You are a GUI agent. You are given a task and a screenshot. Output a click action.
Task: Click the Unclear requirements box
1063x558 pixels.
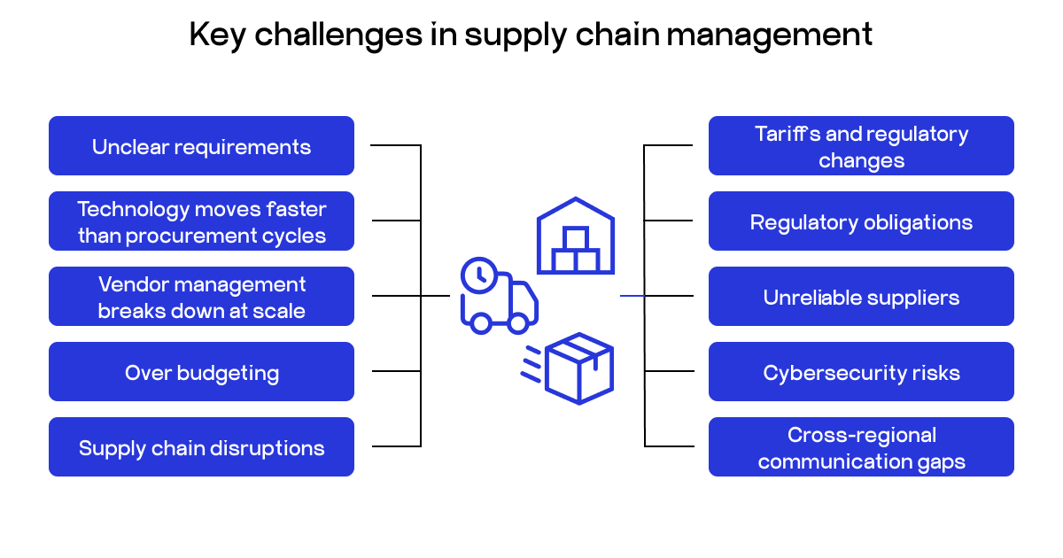[x=201, y=146]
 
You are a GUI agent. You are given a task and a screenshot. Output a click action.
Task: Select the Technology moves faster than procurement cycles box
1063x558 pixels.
[x=201, y=221]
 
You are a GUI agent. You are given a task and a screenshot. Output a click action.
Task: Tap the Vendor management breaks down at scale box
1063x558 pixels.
[x=201, y=297]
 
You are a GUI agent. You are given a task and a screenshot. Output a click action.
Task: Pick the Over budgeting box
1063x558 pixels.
[x=201, y=372]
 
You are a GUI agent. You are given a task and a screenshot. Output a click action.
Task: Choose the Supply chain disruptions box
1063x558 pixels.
[x=201, y=447]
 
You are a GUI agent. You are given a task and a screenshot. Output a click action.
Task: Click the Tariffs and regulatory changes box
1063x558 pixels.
[x=861, y=146]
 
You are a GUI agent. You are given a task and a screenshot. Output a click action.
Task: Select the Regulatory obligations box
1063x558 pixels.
[x=861, y=221]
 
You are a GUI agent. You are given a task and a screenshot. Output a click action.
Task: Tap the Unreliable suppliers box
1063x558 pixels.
[x=861, y=297]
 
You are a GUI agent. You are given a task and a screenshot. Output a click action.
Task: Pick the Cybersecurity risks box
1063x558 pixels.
[x=861, y=372]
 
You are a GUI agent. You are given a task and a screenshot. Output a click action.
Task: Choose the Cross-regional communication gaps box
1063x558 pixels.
[x=861, y=447]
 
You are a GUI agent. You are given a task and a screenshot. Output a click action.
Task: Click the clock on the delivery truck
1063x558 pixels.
[x=478, y=275]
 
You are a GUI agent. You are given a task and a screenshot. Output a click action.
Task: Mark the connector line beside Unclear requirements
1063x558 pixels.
[x=394, y=145]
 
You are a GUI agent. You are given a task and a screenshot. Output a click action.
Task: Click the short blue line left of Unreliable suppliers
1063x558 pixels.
[x=632, y=296]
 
